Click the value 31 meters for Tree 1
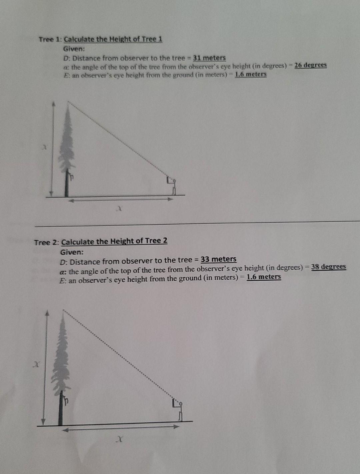(x=209, y=58)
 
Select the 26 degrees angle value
(x=310, y=65)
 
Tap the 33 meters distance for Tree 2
(x=218, y=259)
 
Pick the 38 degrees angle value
(x=328, y=267)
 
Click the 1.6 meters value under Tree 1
(x=251, y=74)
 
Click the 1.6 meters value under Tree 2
(x=264, y=277)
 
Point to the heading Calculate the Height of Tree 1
(x=113, y=39)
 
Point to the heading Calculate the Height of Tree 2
(x=114, y=241)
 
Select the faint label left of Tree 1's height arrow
(x=44, y=147)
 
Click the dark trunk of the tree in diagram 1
(x=67, y=185)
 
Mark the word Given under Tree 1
(x=74, y=49)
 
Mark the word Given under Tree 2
(x=72, y=252)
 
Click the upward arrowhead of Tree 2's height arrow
(x=47, y=313)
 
